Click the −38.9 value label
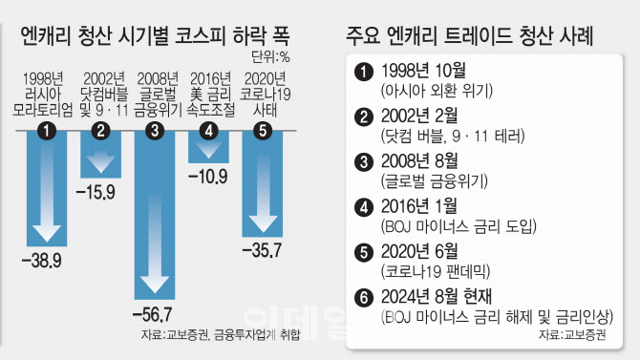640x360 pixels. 42,261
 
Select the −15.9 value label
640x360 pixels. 96,192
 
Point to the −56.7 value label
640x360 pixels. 153,315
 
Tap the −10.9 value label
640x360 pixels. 207,177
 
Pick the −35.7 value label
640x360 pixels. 262,250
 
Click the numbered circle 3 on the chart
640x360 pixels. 155,131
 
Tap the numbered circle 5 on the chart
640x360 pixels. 263,131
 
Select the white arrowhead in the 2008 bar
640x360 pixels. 155,285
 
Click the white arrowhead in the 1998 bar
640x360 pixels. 47,233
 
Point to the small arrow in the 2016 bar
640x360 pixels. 208,150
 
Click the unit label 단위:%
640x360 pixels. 270,57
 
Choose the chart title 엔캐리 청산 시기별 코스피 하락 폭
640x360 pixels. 155,35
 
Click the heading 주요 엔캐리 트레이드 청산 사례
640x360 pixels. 469,35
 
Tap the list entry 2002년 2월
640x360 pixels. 419,116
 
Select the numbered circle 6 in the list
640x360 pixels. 364,298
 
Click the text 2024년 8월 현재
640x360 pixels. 437,297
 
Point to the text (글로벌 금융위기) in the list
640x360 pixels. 435,180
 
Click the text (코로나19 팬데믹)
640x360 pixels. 435,271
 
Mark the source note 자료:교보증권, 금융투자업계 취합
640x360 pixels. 221,334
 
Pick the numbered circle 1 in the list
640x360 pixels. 364,72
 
